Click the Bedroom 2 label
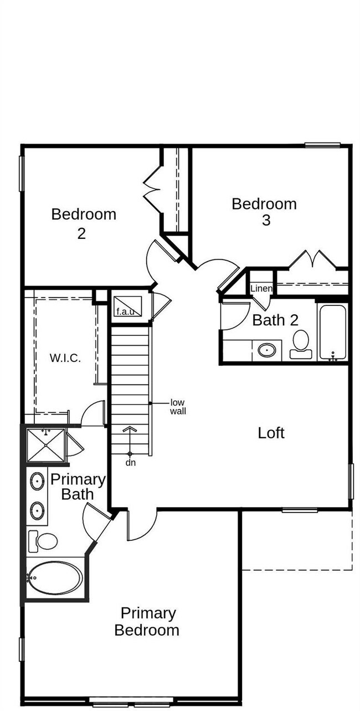coord(84,223)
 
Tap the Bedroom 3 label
coord(264,211)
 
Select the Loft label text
coord(271,433)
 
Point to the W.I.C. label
coord(65,358)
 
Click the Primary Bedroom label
coord(147,621)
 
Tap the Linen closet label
coord(261,289)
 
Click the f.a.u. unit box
coord(128,306)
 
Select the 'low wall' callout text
coord(178,407)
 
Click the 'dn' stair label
coord(131,462)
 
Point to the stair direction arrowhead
coord(130,429)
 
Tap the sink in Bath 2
coord(267,350)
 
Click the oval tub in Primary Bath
coord(55,577)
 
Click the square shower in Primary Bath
coord(46,444)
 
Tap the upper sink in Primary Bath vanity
coord(37,480)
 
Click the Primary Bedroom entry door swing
coord(141,525)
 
